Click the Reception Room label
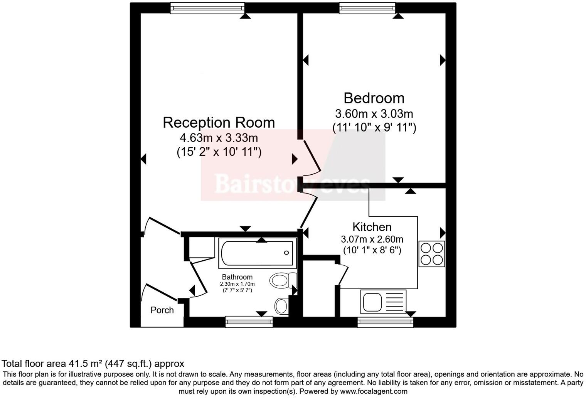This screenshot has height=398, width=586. click(x=219, y=123)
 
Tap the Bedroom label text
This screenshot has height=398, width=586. click(x=374, y=98)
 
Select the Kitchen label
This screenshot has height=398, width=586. click(x=372, y=227)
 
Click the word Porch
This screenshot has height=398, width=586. click(x=162, y=310)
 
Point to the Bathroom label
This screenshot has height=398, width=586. click(x=237, y=277)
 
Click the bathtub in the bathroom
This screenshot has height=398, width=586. click(x=257, y=253)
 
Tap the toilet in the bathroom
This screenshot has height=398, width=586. click(x=283, y=280)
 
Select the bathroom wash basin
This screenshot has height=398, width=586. click(x=281, y=306)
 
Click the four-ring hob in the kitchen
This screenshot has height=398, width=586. click(x=432, y=254)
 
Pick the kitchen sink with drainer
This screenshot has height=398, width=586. click(x=383, y=302)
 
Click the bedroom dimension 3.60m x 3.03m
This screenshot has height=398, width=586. click(x=374, y=114)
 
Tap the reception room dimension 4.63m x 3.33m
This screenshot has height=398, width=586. click(x=219, y=138)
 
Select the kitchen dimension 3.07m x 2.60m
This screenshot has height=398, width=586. click(x=372, y=239)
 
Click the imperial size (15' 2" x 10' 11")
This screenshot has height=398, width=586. click(x=219, y=152)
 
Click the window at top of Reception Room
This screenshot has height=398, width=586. click(x=207, y=8)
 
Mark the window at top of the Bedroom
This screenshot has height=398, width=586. click(x=367, y=8)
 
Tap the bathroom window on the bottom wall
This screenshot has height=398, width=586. click(x=249, y=322)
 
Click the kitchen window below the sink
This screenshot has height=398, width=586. click(x=385, y=322)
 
